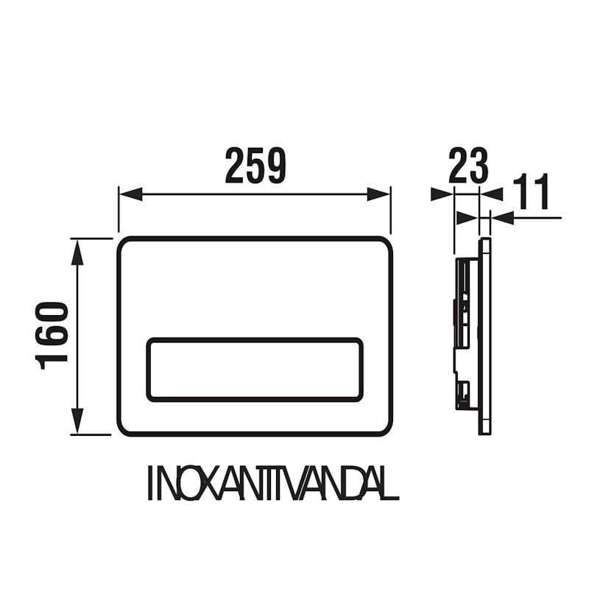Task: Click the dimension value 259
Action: (255, 166)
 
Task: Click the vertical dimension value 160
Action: (52, 336)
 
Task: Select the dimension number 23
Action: (468, 166)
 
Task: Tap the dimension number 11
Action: (531, 191)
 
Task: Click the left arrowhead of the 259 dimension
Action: (130, 194)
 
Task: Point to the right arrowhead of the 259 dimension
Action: (378, 194)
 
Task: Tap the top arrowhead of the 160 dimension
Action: (77, 253)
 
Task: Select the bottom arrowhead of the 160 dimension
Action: (77, 420)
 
